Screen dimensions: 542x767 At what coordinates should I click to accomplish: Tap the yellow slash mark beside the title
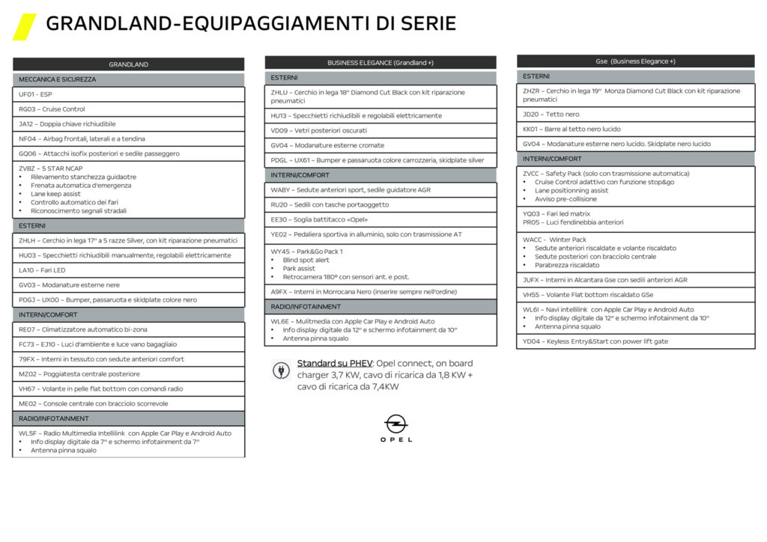pos(24,26)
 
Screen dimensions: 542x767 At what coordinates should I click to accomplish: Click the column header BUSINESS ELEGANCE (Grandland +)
pos(380,63)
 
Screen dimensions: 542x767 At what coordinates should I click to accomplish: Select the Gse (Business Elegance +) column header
pos(635,61)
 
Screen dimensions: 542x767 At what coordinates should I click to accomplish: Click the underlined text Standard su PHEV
pos(330,363)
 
